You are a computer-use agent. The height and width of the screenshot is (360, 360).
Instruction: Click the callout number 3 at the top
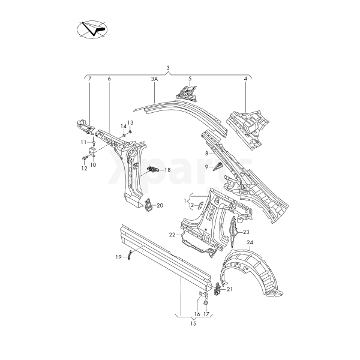click(x=168, y=67)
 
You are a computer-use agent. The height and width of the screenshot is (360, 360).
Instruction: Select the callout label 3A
click(x=154, y=79)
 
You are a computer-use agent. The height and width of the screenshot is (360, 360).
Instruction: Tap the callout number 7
click(x=89, y=79)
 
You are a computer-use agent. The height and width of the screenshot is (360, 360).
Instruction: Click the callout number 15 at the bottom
click(x=193, y=324)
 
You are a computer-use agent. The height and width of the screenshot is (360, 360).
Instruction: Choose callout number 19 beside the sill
click(x=119, y=256)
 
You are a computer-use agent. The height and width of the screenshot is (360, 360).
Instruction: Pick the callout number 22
click(x=172, y=234)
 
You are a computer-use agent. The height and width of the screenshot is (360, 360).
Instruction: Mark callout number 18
click(x=167, y=170)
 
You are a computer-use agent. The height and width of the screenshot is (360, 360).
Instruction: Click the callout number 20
click(x=160, y=206)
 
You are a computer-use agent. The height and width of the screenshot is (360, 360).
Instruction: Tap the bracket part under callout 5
click(x=188, y=92)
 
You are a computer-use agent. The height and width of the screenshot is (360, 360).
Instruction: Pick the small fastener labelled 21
click(x=217, y=292)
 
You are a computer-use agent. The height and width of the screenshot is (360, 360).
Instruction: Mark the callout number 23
click(x=246, y=231)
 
